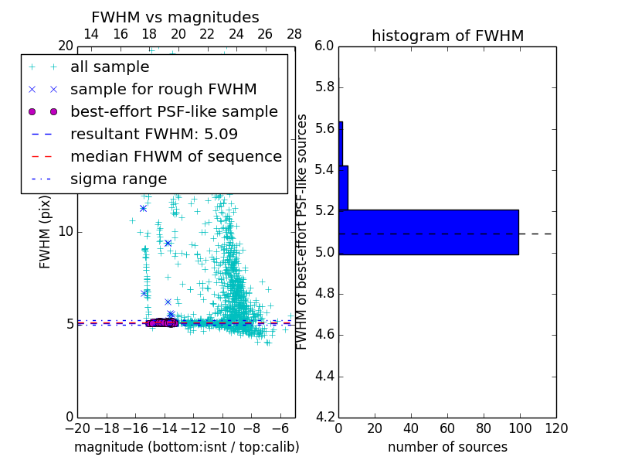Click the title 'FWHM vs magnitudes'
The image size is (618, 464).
(x=175, y=17)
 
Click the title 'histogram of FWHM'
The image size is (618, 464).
(x=447, y=36)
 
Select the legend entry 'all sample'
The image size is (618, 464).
(x=110, y=67)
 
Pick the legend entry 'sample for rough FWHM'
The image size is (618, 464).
(x=163, y=90)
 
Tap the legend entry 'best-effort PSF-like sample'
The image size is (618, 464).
(x=174, y=112)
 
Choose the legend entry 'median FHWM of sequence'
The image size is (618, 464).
(x=175, y=157)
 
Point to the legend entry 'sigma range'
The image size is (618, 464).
(x=118, y=179)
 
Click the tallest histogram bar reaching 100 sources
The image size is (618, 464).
(x=429, y=232)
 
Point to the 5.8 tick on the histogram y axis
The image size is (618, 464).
(x=324, y=87)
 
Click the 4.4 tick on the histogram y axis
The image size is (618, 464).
(x=324, y=377)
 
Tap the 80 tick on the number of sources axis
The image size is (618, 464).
(x=484, y=428)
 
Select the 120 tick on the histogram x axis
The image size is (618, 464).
(x=555, y=428)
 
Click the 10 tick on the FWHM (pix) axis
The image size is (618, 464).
(x=66, y=232)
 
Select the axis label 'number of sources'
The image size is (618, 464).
(x=447, y=447)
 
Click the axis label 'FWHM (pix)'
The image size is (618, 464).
(x=46, y=232)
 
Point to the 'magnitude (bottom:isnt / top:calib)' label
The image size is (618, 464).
(x=186, y=447)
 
